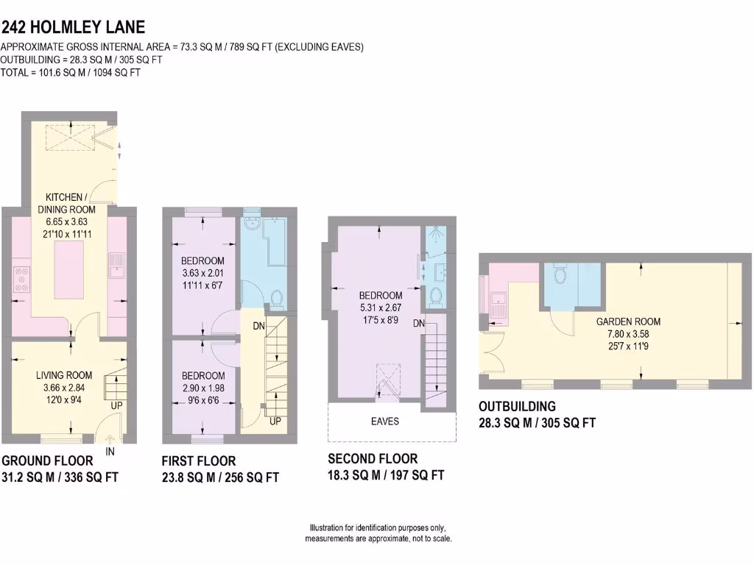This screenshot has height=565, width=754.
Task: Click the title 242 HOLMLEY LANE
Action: [x=73, y=27]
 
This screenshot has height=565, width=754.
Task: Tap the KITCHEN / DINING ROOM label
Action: [x=71, y=203]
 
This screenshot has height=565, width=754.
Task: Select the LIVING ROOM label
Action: [x=64, y=376]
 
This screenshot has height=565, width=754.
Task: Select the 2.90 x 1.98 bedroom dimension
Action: [x=202, y=388]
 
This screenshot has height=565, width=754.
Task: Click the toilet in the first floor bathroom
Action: [x=277, y=298]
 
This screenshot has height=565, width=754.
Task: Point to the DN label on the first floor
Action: [x=259, y=325]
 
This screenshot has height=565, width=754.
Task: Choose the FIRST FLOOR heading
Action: [x=199, y=461]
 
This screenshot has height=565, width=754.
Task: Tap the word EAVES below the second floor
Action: [x=385, y=422]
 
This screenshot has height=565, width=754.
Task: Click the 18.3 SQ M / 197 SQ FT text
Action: [x=386, y=475]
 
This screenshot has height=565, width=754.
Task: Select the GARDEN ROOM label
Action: [x=628, y=321]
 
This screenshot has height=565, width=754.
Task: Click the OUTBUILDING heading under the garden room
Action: [x=517, y=406]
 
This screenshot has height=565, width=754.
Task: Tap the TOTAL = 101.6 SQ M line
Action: [x=71, y=73]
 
